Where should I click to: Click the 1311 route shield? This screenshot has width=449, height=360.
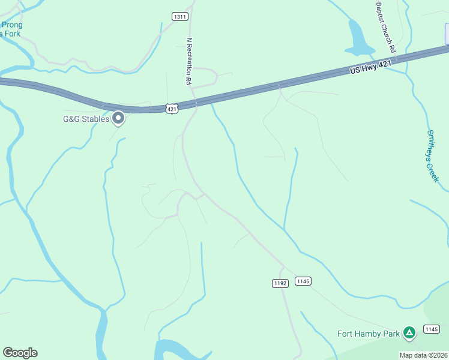179,16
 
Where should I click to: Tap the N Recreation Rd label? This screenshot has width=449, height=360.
189,61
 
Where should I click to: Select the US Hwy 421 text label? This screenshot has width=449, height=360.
370,66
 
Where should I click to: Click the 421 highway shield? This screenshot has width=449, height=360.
172,109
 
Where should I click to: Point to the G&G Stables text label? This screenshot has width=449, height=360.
86,119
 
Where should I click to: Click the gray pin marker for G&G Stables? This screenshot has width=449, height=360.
119,118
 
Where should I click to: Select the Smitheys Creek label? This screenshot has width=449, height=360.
433,156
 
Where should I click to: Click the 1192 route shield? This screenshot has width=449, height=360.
280,283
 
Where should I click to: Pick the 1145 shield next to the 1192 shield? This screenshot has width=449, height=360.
303,281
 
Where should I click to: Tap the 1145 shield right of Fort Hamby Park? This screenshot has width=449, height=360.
431,329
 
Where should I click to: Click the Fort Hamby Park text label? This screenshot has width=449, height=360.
368,334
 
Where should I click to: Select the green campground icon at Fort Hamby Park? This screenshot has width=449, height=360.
409,332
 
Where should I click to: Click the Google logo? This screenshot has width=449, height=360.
20,353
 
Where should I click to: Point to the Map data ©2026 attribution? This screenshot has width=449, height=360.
423,355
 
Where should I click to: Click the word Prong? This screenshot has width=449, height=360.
12,25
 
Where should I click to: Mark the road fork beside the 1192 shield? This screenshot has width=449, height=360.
283,266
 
